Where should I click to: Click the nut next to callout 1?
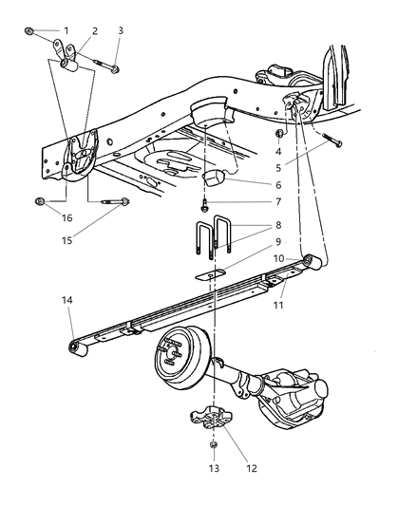click(31, 33)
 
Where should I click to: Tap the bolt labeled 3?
click(113, 67)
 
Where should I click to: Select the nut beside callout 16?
click(40, 201)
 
